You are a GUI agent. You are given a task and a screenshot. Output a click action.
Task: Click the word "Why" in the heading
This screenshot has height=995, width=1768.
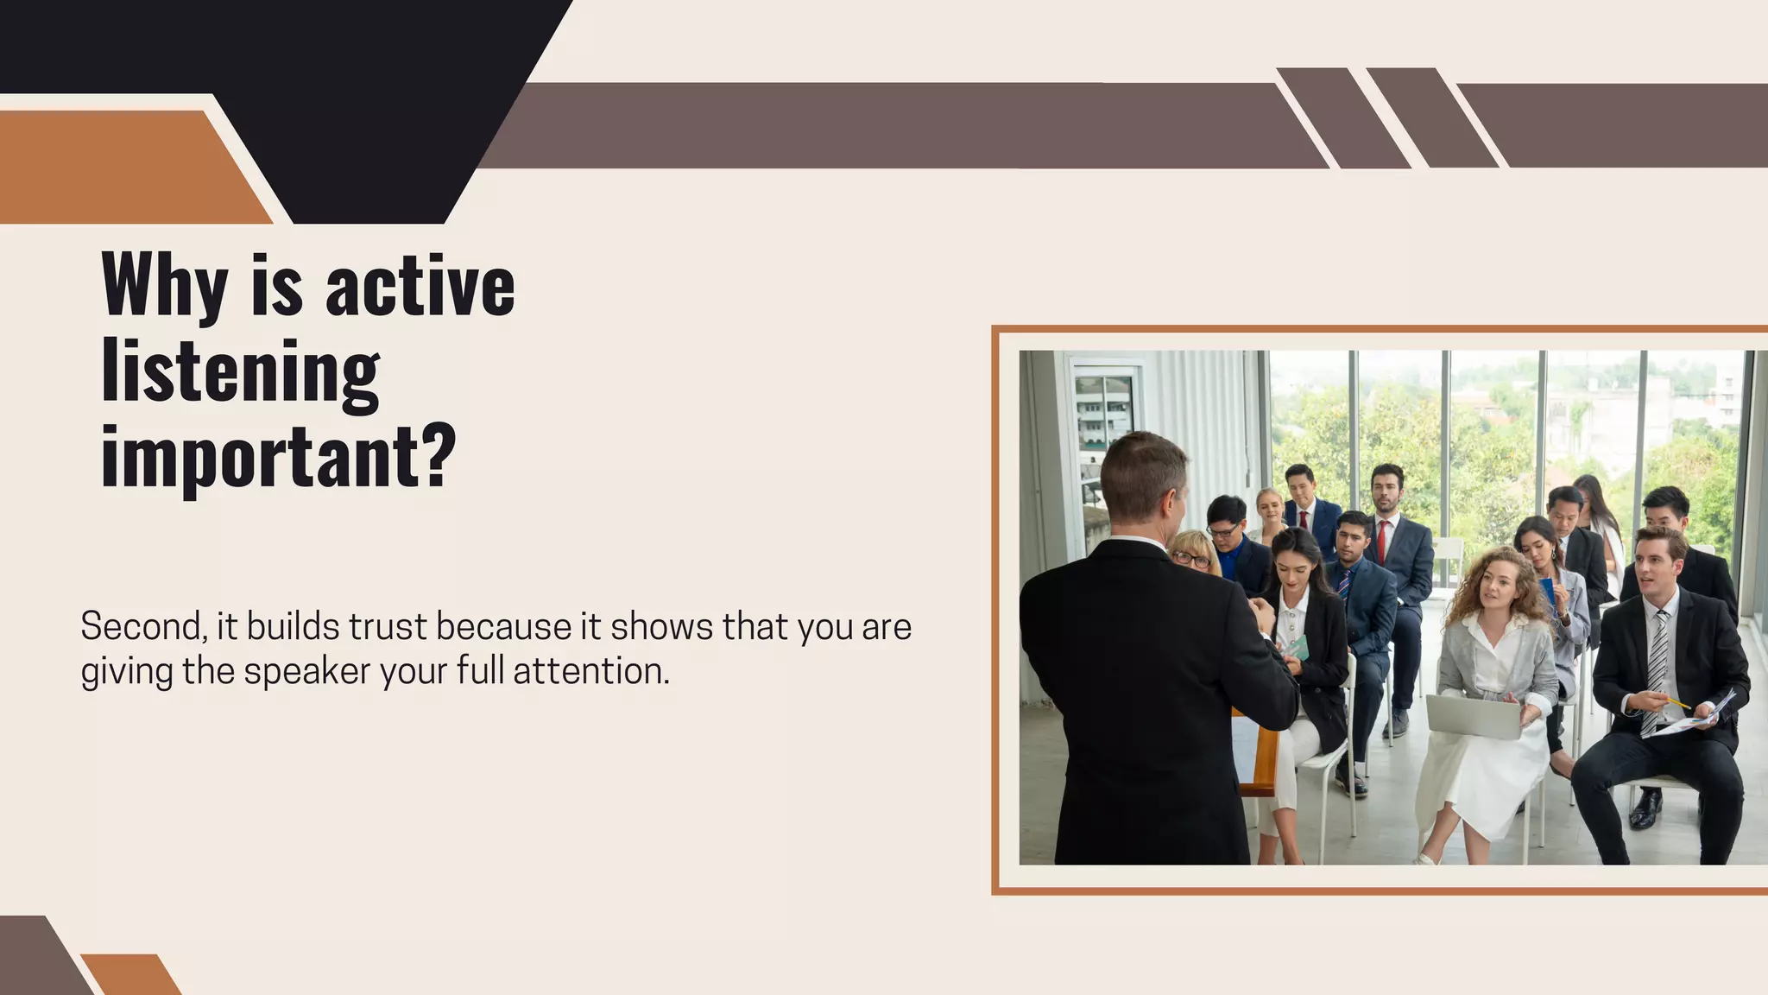(164, 286)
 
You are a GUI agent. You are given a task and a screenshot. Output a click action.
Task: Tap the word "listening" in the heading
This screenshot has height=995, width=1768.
(240, 372)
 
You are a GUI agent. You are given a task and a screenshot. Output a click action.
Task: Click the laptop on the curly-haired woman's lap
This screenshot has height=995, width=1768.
(1473, 716)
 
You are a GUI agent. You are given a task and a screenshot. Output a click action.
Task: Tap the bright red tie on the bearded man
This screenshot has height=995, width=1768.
(1382, 541)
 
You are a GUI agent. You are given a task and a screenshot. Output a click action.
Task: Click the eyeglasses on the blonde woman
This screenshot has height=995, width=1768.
(1192, 560)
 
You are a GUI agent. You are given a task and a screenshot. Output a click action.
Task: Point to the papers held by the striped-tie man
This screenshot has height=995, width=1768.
(1696, 715)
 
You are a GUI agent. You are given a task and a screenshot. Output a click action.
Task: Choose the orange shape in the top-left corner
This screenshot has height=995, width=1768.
(129, 168)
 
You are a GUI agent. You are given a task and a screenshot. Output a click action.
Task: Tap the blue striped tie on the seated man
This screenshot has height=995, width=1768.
(1344, 584)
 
